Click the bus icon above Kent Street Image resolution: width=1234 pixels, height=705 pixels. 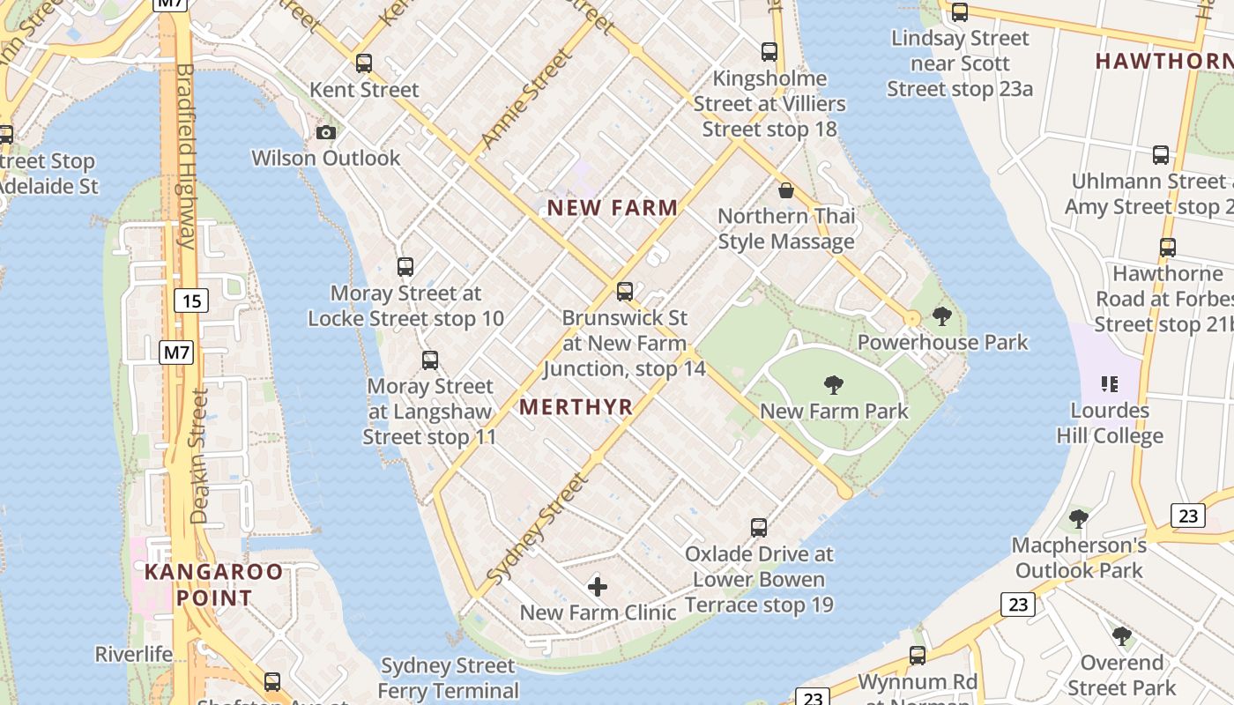(x=363, y=63)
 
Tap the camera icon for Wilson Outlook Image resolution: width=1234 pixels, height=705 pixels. (x=326, y=132)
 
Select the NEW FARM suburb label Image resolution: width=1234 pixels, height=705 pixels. (x=613, y=208)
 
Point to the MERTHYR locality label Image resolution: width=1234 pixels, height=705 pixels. (x=576, y=406)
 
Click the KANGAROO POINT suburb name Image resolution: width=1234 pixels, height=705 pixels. (x=213, y=584)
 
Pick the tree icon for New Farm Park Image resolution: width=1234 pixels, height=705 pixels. (x=833, y=384)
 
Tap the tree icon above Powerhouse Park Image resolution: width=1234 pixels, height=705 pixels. (x=941, y=316)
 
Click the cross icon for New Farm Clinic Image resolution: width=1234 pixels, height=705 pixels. (x=598, y=586)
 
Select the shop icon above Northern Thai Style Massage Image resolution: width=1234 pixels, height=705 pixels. (x=785, y=190)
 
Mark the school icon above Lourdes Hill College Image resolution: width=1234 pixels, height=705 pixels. (x=1109, y=384)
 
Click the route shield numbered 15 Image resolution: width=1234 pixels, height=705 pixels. (x=191, y=301)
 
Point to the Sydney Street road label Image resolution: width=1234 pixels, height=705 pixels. (x=537, y=529)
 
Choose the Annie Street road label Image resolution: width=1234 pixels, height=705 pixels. (x=525, y=100)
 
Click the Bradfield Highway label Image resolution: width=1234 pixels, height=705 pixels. (x=185, y=155)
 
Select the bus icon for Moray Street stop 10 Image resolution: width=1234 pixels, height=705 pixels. (x=405, y=267)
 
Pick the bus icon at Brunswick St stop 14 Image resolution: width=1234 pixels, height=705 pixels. (x=624, y=291)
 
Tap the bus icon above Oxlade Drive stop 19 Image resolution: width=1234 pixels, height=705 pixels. (x=759, y=528)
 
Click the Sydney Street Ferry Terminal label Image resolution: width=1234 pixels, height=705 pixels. (x=448, y=678)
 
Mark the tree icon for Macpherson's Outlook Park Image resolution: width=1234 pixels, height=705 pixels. (x=1078, y=519)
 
